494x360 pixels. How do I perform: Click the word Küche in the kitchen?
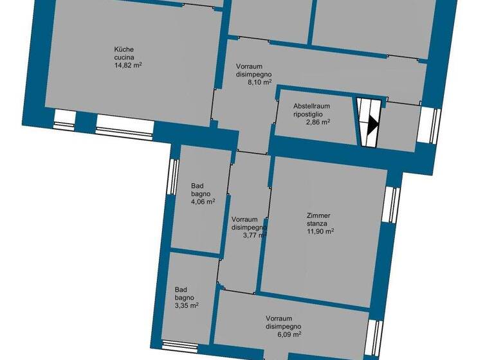coord(123,49)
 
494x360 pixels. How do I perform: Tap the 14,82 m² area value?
coord(128,65)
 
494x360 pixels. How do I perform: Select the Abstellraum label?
coord(311,105)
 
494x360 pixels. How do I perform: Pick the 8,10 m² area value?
coord(261,82)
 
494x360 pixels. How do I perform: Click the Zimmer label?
coord(318,216)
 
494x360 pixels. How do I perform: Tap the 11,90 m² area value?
coord(320,231)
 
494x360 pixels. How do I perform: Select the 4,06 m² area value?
coord(203,201)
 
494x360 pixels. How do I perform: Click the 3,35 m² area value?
coord(187,306)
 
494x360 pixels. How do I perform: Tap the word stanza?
coord(316,224)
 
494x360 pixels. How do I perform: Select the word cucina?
coord(125,57)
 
